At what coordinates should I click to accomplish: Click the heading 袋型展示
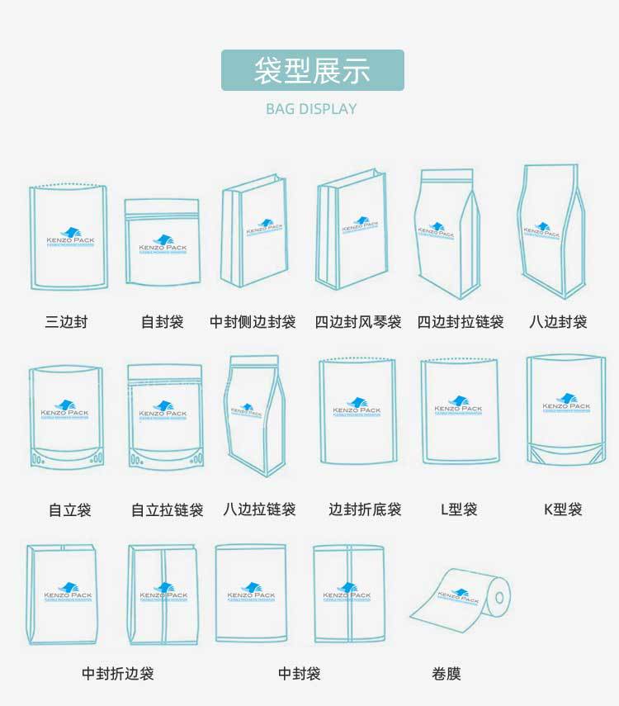(312, 70)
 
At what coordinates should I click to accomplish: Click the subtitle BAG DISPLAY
(311, 109)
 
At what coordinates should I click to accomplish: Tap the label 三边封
(66, 322)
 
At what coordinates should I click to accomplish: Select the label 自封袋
(162, 322)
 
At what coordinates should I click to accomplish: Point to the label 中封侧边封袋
(253, 322)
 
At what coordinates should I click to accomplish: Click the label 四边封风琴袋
(358, 322)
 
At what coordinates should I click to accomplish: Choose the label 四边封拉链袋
(461, 322)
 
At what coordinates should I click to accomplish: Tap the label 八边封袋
(558, 322)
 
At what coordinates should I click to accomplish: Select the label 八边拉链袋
(259, 509)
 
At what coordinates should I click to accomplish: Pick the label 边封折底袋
(365, 509)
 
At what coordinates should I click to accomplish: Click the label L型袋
(459, 509)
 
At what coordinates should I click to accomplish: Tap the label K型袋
(563, 509)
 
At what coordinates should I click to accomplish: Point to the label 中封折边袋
(117, 674)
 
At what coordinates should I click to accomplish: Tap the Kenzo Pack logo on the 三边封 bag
(70, 237)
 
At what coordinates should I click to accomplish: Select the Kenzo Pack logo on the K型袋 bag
(566, 404)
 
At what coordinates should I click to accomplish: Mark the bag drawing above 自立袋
(66, 419)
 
